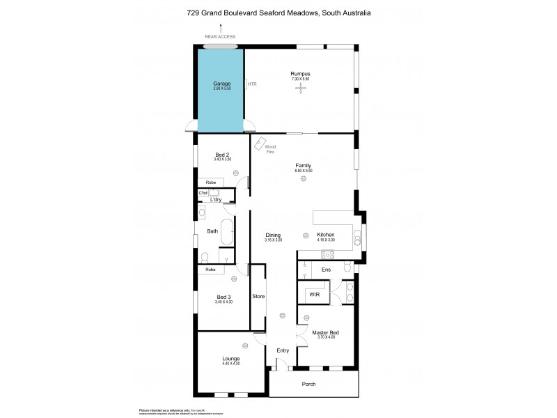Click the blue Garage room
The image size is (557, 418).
(221, 89)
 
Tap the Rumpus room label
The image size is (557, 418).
(300, 74)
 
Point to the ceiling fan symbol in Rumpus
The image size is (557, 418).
(301, 89)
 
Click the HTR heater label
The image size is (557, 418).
(252, 84)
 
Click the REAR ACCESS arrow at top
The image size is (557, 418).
(221, 28)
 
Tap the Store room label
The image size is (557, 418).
(258, 297)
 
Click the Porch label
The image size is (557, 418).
(308, 384)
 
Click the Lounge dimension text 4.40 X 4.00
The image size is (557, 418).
(231, 363)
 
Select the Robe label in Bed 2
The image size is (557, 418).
(210, 183)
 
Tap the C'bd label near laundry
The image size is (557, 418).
(203, 192)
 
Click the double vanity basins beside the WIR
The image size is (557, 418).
(349, 293)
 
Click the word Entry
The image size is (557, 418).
(283, 350)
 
